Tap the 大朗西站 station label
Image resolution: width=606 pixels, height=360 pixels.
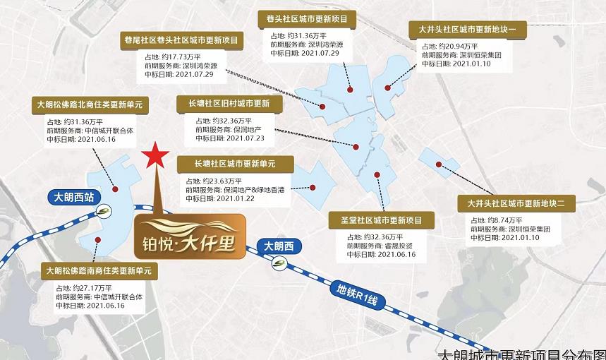click(x=73, y=198)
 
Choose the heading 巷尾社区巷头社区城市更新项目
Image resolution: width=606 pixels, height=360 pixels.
click(x=182, y=40)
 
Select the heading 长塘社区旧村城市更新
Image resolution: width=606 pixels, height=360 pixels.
click(x=229, y=104)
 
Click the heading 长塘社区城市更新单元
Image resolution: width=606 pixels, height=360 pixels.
click(x=235, y=164)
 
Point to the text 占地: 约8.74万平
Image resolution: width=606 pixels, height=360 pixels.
click(x=493, y=220)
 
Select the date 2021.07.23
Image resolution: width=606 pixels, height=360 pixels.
click(x=240, y=138)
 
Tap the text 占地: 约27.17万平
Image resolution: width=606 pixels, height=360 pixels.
click(x=85, y=288)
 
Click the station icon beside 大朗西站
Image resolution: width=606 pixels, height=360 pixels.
click(x=105, y=211)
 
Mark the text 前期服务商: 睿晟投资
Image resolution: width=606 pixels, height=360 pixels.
click(x=378, y=246)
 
